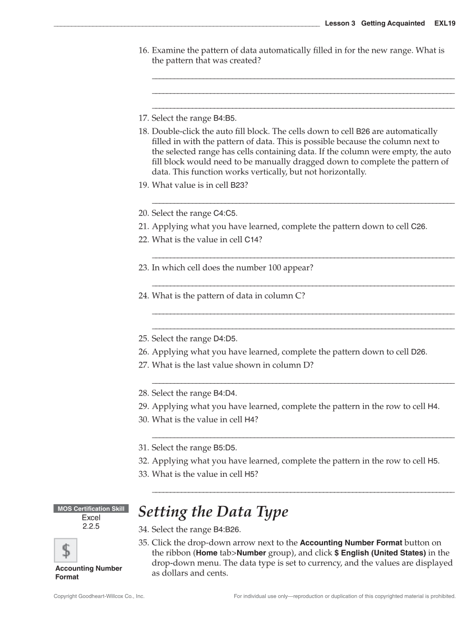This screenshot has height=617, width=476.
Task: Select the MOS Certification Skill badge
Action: [90, 509]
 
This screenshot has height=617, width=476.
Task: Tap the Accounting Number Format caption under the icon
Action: [88, 572]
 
